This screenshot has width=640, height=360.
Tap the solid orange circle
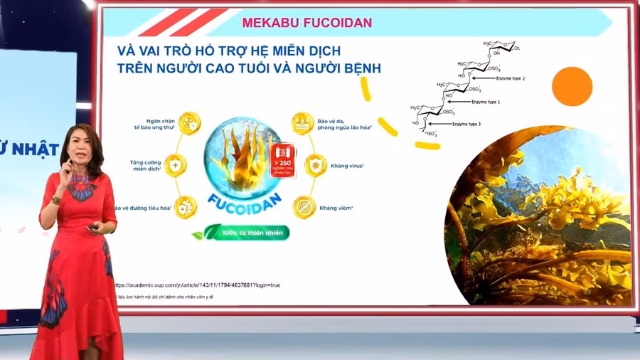tap(572, 87)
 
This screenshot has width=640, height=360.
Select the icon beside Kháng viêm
tap(304, 207)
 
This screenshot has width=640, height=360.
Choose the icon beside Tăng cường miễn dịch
tap(177, 166)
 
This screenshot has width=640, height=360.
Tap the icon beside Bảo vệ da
tap(303, 124)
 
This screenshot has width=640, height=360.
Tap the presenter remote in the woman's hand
tap(93, 227)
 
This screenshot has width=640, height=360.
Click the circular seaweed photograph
tap(540, 217)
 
